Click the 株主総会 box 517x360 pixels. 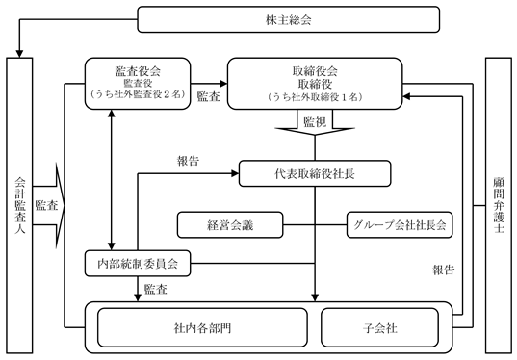(x=289, y=19)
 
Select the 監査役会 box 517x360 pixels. (x=138, y=84)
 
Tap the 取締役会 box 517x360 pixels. (x=315, y=84)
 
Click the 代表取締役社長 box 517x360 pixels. (x=315, y=173)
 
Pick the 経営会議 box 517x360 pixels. (x=230, y=225)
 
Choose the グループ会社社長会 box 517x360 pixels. (x=400, y=225)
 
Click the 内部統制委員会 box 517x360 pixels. (x=138, y=264)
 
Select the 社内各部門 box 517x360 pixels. (x=202, y=327)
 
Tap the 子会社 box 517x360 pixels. (x=380, y=327)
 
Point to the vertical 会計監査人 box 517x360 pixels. (x=19, y=206)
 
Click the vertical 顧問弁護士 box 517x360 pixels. (x=499, y=206)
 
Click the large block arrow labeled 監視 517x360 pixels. (x=315, y=122)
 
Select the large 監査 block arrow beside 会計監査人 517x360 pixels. (x=49, y=206)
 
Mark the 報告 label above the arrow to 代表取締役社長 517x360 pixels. (x=189, y=161)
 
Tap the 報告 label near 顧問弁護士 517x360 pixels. (x=444, y=270)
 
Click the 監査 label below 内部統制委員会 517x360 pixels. (x=156, y=289)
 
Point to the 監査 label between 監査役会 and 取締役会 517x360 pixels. (x=208, y=96)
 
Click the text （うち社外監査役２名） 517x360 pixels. (x=138, y=94)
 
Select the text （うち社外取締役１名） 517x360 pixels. (x=315, y=97)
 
